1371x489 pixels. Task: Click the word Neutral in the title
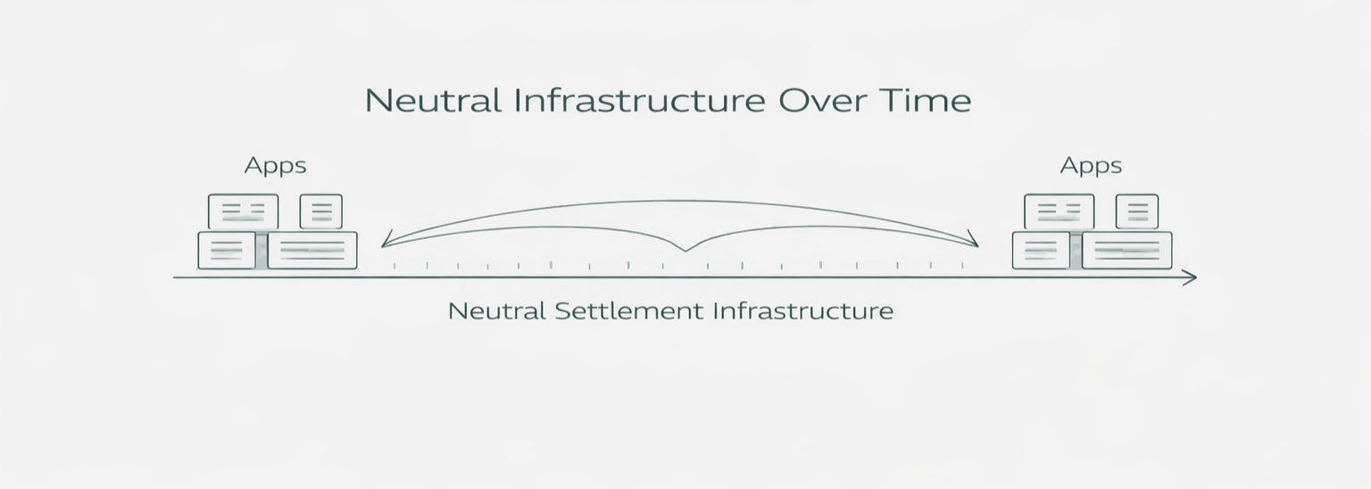pos(433,100)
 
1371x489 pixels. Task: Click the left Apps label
pos(275,166)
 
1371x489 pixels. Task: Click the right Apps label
pos(1091,166)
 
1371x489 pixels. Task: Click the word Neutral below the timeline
pos(496,311)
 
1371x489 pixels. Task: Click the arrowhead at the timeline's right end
pos(1190,278)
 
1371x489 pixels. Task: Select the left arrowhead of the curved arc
pos(385,242)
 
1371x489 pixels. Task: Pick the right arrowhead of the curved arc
pos(974,241)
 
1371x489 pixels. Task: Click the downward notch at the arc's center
pos(685,249)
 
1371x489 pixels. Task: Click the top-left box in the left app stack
pos(243,211)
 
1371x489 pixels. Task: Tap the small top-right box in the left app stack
pos(320,211)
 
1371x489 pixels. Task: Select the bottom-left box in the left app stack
pos(226,250)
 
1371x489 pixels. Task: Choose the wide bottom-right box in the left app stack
pos(312,250)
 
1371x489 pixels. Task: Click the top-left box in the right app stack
pos(1059,211)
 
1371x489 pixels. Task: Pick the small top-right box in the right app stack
pos(1136,211)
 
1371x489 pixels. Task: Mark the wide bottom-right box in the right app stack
pos(1126,250)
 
